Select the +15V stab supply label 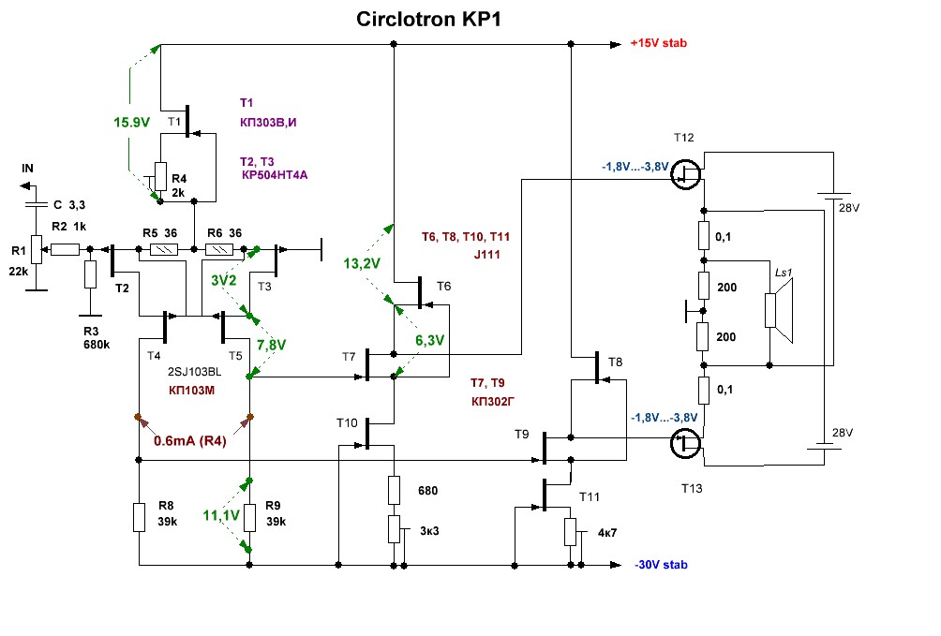(661, 43)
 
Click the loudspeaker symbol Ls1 (776, 309)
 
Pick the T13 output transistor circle (687, 444)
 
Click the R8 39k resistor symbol (139, 517)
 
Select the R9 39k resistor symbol (250, 517)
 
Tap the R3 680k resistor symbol (90, 275)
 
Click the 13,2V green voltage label (363, 263)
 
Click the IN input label (28, 168)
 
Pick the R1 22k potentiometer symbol (36, 250)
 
